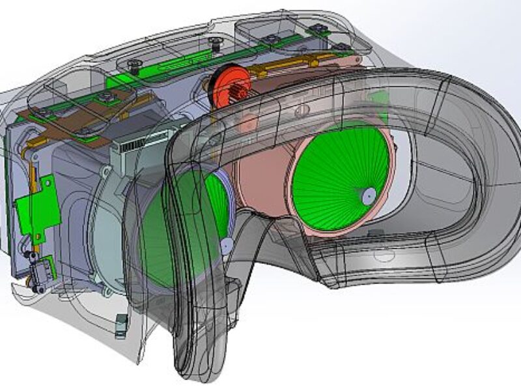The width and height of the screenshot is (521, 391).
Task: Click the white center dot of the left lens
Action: (x=226, y=246)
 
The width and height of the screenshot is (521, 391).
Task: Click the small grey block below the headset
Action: (x=120, y=324)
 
